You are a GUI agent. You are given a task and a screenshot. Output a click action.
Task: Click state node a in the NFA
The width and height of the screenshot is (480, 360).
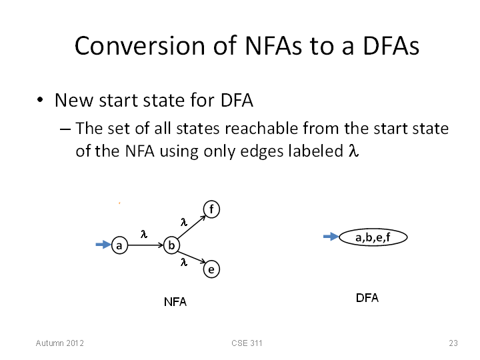point(119,245)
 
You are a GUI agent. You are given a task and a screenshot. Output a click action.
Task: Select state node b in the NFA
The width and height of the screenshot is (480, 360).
point(172,245)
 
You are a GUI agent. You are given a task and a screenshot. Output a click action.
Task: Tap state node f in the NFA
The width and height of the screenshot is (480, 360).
point(211,209)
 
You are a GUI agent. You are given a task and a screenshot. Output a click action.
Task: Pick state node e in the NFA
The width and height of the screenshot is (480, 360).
point(211,269)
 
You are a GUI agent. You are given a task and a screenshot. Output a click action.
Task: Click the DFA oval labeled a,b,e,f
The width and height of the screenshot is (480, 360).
point(373,237)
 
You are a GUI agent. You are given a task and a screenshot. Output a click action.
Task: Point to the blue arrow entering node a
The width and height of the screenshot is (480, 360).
point(103,244)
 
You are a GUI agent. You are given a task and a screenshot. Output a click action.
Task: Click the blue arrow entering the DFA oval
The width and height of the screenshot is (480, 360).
point(331,236)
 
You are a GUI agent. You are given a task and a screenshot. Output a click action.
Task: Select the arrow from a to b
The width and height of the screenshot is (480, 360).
point(146,245)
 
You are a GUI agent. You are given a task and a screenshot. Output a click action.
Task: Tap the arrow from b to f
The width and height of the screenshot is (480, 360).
point(191,227)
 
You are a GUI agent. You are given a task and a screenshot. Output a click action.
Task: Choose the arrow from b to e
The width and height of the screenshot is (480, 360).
point(191,257)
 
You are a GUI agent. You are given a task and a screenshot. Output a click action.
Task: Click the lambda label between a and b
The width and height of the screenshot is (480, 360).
point(144,234)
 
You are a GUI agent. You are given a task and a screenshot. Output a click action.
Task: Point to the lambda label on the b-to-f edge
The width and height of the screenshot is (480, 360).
point(184,222)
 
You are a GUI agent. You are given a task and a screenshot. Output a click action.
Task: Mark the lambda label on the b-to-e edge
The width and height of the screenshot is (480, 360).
point(184,262)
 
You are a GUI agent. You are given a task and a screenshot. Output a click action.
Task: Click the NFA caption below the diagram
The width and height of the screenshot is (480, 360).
point(175,302)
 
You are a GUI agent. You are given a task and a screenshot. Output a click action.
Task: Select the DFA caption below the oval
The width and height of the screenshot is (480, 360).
point(367,298)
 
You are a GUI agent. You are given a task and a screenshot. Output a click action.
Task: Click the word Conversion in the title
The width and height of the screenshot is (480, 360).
point(139,46)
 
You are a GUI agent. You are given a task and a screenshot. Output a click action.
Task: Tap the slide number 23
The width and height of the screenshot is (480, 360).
point(453,343)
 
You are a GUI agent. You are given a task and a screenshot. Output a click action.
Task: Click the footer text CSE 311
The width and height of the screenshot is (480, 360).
point(247,343)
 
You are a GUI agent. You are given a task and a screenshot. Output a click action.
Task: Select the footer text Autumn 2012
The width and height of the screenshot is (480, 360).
point(60,343)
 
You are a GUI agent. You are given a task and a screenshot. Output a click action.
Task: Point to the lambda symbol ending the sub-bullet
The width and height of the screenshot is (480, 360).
point(353,151)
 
